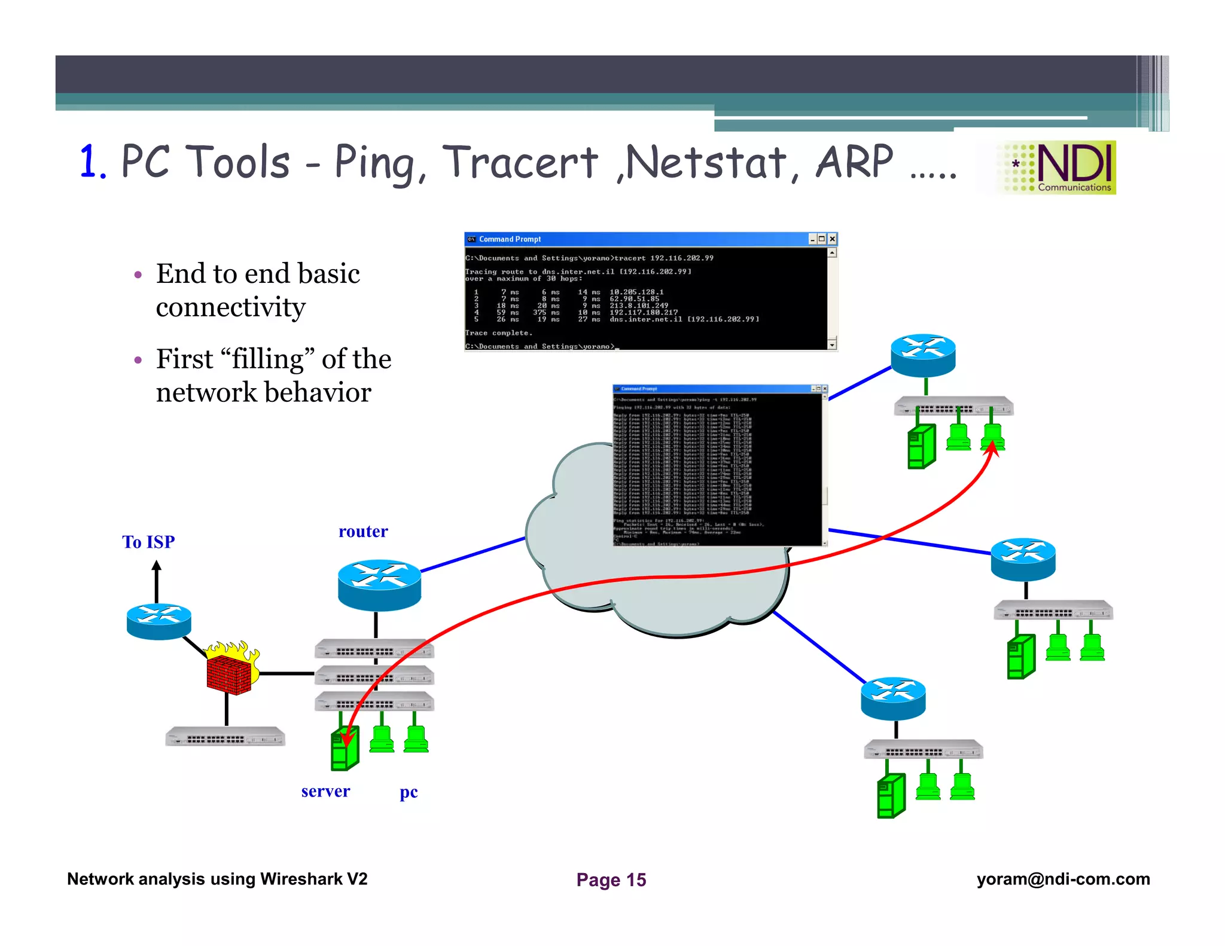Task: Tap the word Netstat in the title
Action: (706, 162)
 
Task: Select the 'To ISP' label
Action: (148, 542)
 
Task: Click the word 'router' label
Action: (363, 531)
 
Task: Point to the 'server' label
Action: (325, 791)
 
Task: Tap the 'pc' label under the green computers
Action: (409, 792)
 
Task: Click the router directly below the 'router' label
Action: (379, 584)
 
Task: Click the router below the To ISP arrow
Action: (159, 621)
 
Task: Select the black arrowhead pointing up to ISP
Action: (157, 566)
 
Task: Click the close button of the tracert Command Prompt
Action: (831, 239)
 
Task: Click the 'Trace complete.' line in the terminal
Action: (498, 333)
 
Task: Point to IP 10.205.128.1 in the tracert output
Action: (636, 292)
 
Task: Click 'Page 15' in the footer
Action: (611, 880)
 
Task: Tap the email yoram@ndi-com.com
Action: (1063, 879)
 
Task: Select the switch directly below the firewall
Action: (225, 737)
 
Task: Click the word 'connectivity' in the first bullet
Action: (231, 307)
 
